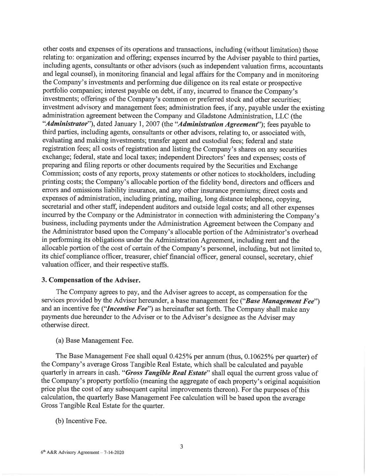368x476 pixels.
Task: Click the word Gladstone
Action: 228,116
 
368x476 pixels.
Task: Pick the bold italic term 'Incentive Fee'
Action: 89,309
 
